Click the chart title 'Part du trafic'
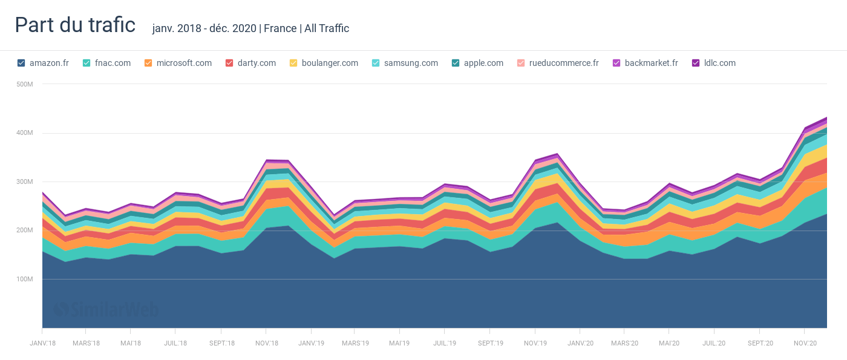(x=75, y=25)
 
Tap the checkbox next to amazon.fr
(x=21, y=63)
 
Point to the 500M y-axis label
(x=24, y=84)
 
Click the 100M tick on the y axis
(x=24, y=279)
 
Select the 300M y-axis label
(x=24, y=182)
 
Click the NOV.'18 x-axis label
(x=266, y=343)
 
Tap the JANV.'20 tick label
(x=580, y=343)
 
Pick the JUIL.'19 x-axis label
(x=444, y=343)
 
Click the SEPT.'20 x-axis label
(x=759, y=343)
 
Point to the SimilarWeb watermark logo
(x=106, y=310)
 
